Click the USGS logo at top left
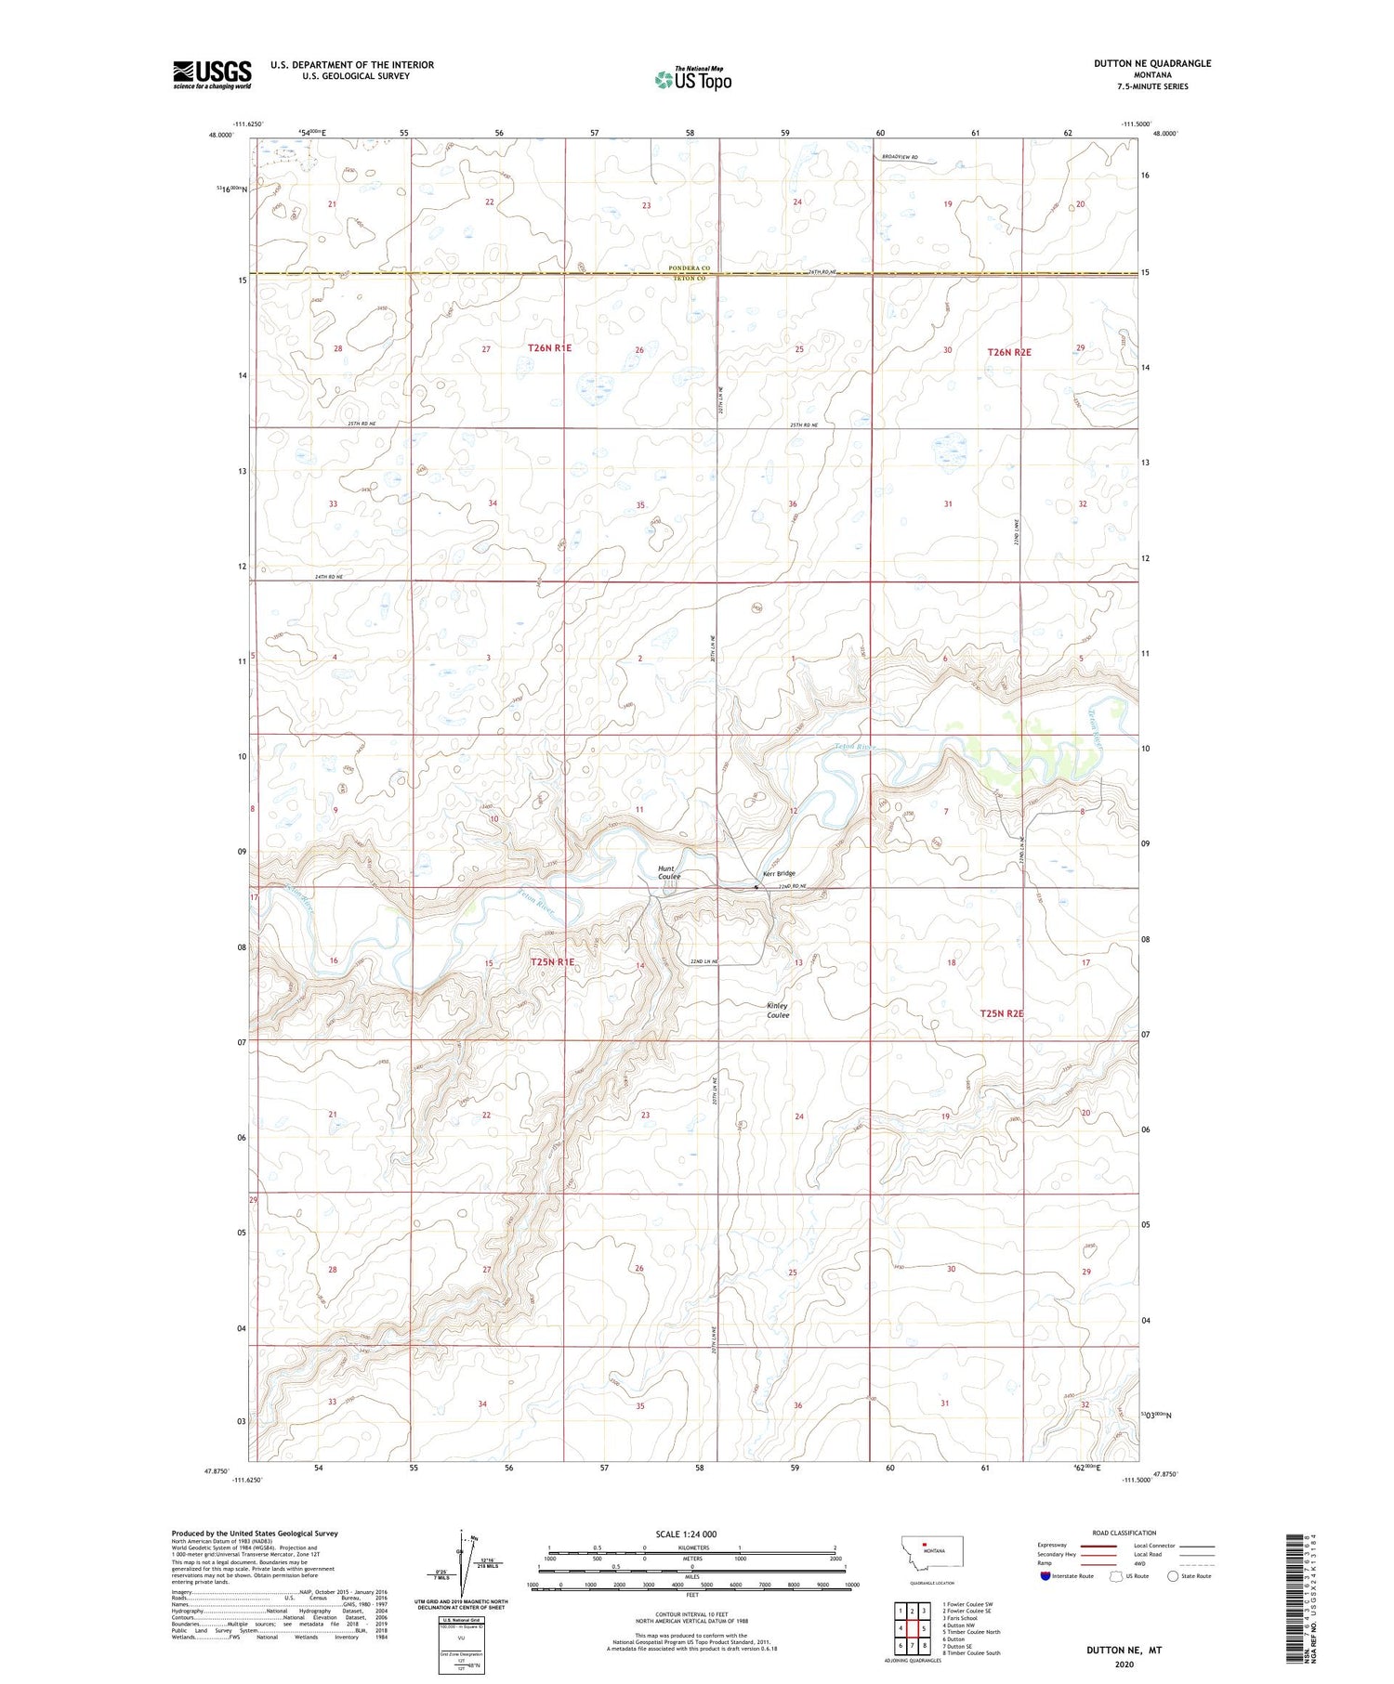click(x=212, y=74)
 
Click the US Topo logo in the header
click(x=693, y=80)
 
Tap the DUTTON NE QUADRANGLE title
click(x=1152, y=63)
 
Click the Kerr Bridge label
click(x=779, y=873)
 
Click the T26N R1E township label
click(x=549, y=348)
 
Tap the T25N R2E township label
click(x=1001, y=1014)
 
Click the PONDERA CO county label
click(x=689, y=268)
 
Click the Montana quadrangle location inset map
click(x=931, y=1552)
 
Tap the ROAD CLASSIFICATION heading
click(x=1124, y=1533)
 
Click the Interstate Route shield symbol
click(x=1045, y=1576)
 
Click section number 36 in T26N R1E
click(x=793, y=504)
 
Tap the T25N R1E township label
click(x=552, y=962)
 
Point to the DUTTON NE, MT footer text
click(x=1124, y=1651)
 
